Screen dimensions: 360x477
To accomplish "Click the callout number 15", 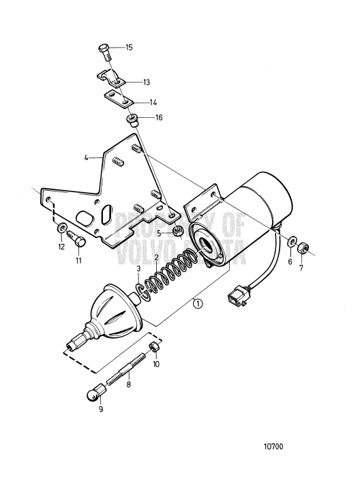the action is [x=129, y=48].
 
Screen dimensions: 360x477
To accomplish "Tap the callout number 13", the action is [x=147, y=82].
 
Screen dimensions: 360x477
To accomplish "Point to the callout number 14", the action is [x=153, y=102].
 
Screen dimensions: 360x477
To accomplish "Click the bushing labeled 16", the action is [x=132, y=121].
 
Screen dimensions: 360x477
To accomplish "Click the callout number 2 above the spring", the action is [x=156, y=258].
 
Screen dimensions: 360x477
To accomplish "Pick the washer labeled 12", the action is [x=61, y=227].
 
